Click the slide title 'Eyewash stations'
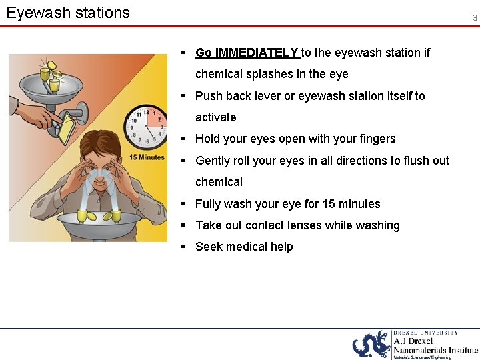click(x=68, y=13)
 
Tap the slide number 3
click(x=475, y=18)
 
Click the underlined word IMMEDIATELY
click(x=257, y=53)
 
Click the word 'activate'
click(x=215, y=117)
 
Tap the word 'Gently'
click(x=215, y=161)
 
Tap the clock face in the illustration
click(x=146, y=127)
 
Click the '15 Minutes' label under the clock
click(x=147, y=157)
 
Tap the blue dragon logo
click(x=371, y=344)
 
